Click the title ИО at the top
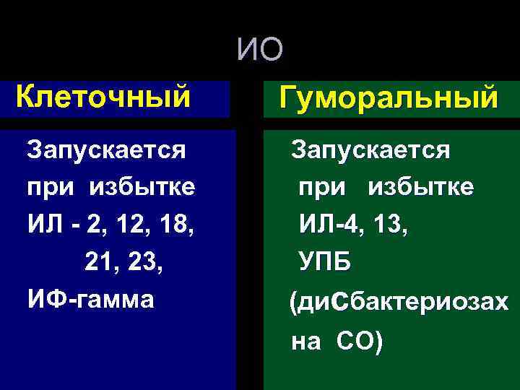click(260, 49)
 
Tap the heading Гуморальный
click(390, 97)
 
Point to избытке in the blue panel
click(142, 187)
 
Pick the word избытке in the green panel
click(421, 187)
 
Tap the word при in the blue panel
click(49, 188)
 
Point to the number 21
click(100, 261)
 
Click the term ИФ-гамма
click(90, 298)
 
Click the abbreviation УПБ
click(325, 261)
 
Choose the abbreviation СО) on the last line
click(359, 341)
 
